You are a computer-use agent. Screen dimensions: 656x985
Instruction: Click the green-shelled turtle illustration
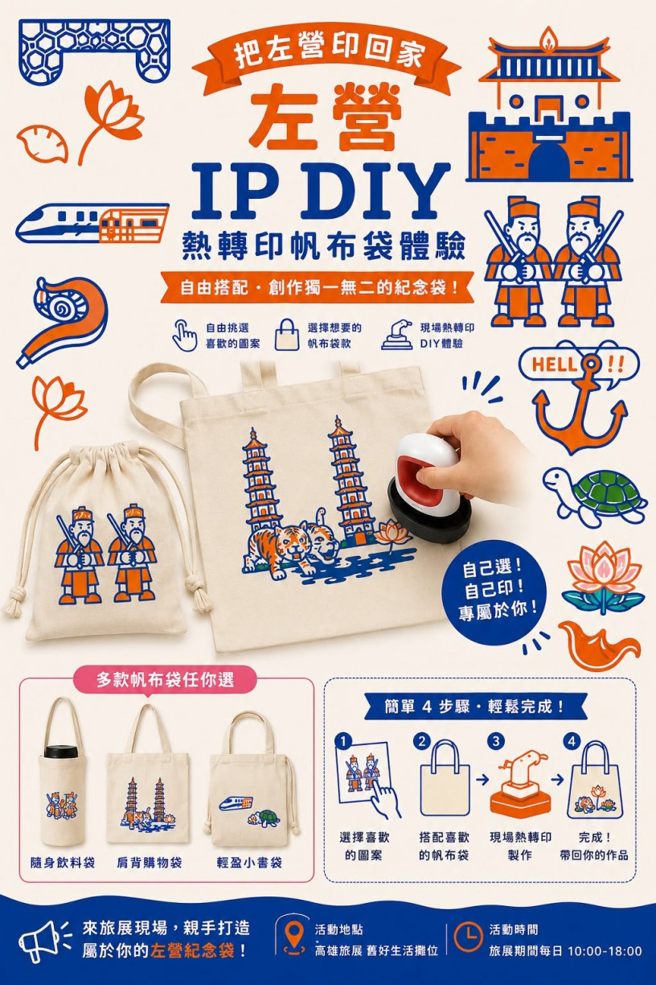pyautogui.click(x=596, y=496)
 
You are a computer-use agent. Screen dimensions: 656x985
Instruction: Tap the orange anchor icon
pyautogui.click(x=579, y=410)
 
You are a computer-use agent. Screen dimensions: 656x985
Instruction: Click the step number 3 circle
pyautogui.click(x=496, y=741)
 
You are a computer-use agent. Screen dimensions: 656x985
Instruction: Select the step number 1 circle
pyautogui.click(x=342, y=741)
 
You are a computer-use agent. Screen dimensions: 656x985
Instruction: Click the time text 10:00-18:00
pyautogui.click(x=605, y=951)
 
